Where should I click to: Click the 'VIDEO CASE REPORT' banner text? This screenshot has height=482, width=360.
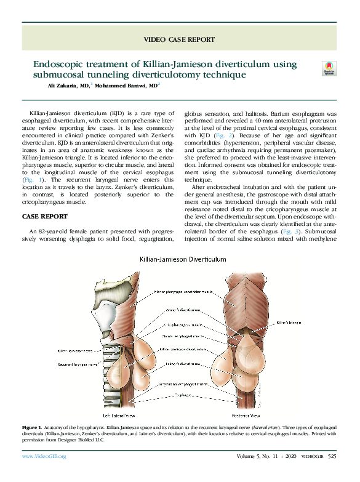coord(179,39)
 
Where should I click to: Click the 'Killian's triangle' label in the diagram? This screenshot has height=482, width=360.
coord(289,321)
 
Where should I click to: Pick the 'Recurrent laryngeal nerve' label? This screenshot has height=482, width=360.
coord(76,364)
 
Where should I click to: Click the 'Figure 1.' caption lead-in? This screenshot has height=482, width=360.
coord(31,427)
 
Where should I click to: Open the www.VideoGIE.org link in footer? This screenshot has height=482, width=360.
coord(44,456)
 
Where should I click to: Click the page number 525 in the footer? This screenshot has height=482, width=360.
coord(332,456)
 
